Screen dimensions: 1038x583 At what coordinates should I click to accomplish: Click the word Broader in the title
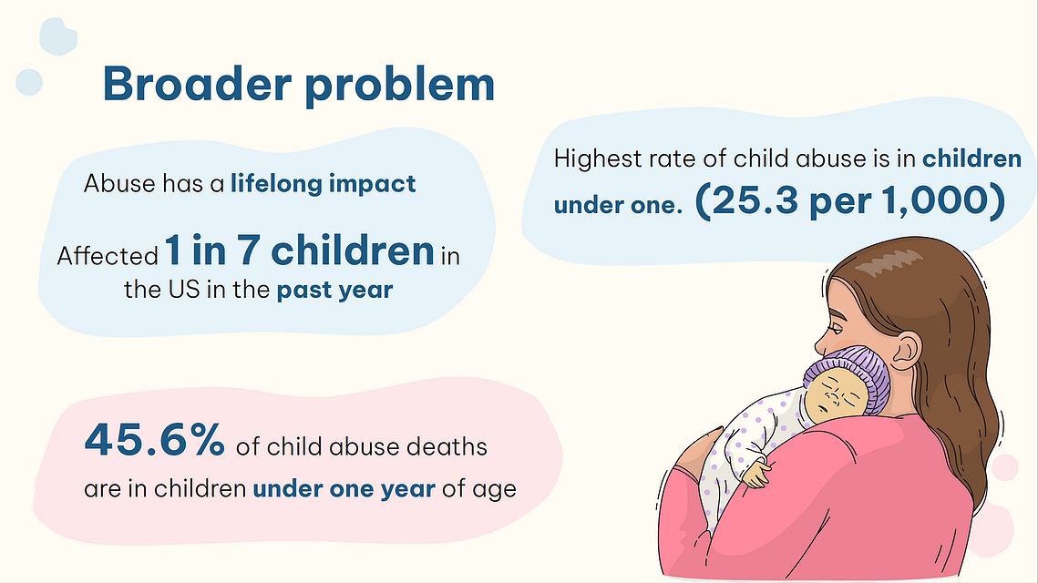pos(197,84)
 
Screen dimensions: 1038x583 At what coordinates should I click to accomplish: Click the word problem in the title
pos(400,86)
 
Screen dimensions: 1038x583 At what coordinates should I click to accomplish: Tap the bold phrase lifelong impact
pos(323,183)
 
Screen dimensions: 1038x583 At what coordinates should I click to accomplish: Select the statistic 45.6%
pos(154,439)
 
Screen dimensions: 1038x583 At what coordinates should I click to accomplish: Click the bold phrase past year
pos(335,290)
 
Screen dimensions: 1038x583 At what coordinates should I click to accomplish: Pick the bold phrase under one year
pos(344,488)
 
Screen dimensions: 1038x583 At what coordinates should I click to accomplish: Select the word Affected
pos(108,255)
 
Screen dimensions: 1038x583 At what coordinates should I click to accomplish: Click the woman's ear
pos(905,350)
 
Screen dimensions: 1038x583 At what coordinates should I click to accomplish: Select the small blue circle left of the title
pos(29,83)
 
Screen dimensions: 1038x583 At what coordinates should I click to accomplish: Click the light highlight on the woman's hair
pos(889,262)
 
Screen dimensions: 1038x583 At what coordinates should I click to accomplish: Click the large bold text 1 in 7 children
pos(299,251)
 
